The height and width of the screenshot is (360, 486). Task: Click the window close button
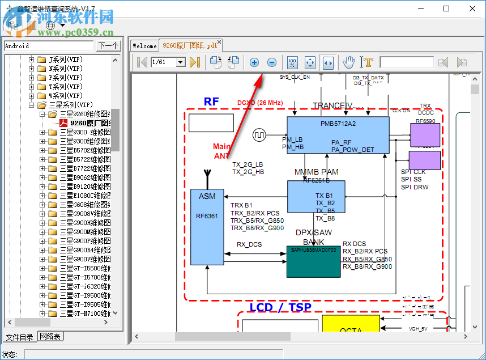(x=472, y=9)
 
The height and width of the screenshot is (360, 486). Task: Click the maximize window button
(x=446, y=9)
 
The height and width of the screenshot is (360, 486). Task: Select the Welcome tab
(x=144, y=45)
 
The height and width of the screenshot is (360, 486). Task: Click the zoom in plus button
(x=254, y=62)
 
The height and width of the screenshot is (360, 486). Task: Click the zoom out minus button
(x=271, y=62)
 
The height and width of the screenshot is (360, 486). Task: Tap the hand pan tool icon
(x=349, y=62)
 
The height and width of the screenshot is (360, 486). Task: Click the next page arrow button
(x=195, y=62)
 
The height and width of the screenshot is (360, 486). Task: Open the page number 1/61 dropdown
(x=181, y=62)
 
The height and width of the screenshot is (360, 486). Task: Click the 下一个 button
(x=108, y=46)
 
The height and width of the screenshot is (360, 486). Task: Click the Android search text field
(x=48, y=46)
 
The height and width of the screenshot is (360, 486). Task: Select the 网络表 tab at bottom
(x=50, y=337)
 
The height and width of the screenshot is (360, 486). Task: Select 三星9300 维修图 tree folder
(x=85, y=132)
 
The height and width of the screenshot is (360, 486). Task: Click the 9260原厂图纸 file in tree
(x=89, y=123)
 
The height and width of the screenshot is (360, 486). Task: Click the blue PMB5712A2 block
(x=338, y=135)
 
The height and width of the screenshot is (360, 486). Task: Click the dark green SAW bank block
(x=313, y=261)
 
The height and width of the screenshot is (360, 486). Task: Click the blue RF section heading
(x=211, y=102)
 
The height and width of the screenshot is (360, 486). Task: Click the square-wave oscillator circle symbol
(x=260, y=135)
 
